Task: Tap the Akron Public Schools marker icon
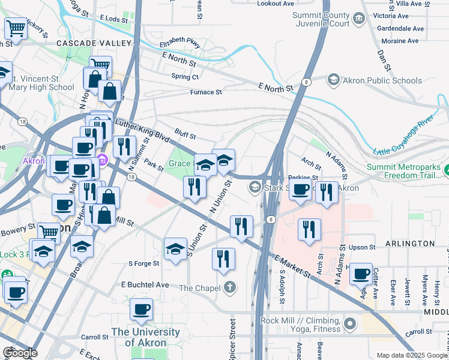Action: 334,80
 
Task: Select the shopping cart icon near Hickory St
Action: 15,28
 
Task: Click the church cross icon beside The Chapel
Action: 229,287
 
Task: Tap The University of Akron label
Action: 145,337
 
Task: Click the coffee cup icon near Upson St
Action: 361,274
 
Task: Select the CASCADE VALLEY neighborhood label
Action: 93,43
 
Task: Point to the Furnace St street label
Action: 206,92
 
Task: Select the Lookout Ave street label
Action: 276,4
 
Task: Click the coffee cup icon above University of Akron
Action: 141,309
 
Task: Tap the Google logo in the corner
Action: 20,352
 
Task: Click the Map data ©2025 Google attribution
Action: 411,355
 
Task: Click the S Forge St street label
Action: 144,263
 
